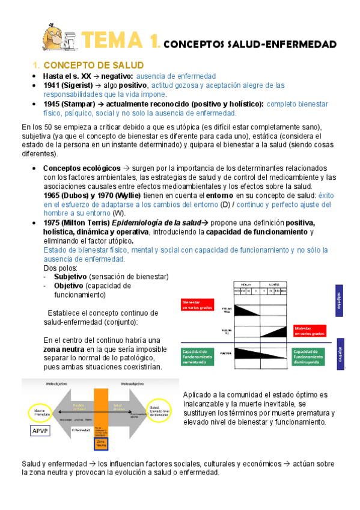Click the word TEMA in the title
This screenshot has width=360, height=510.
(115, 40)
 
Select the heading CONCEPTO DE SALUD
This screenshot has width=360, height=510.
(88, 65)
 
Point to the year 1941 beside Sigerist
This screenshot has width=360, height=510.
(52, 85)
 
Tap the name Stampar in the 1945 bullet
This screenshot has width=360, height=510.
(79, 103)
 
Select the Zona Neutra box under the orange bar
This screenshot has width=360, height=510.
(101, 443)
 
